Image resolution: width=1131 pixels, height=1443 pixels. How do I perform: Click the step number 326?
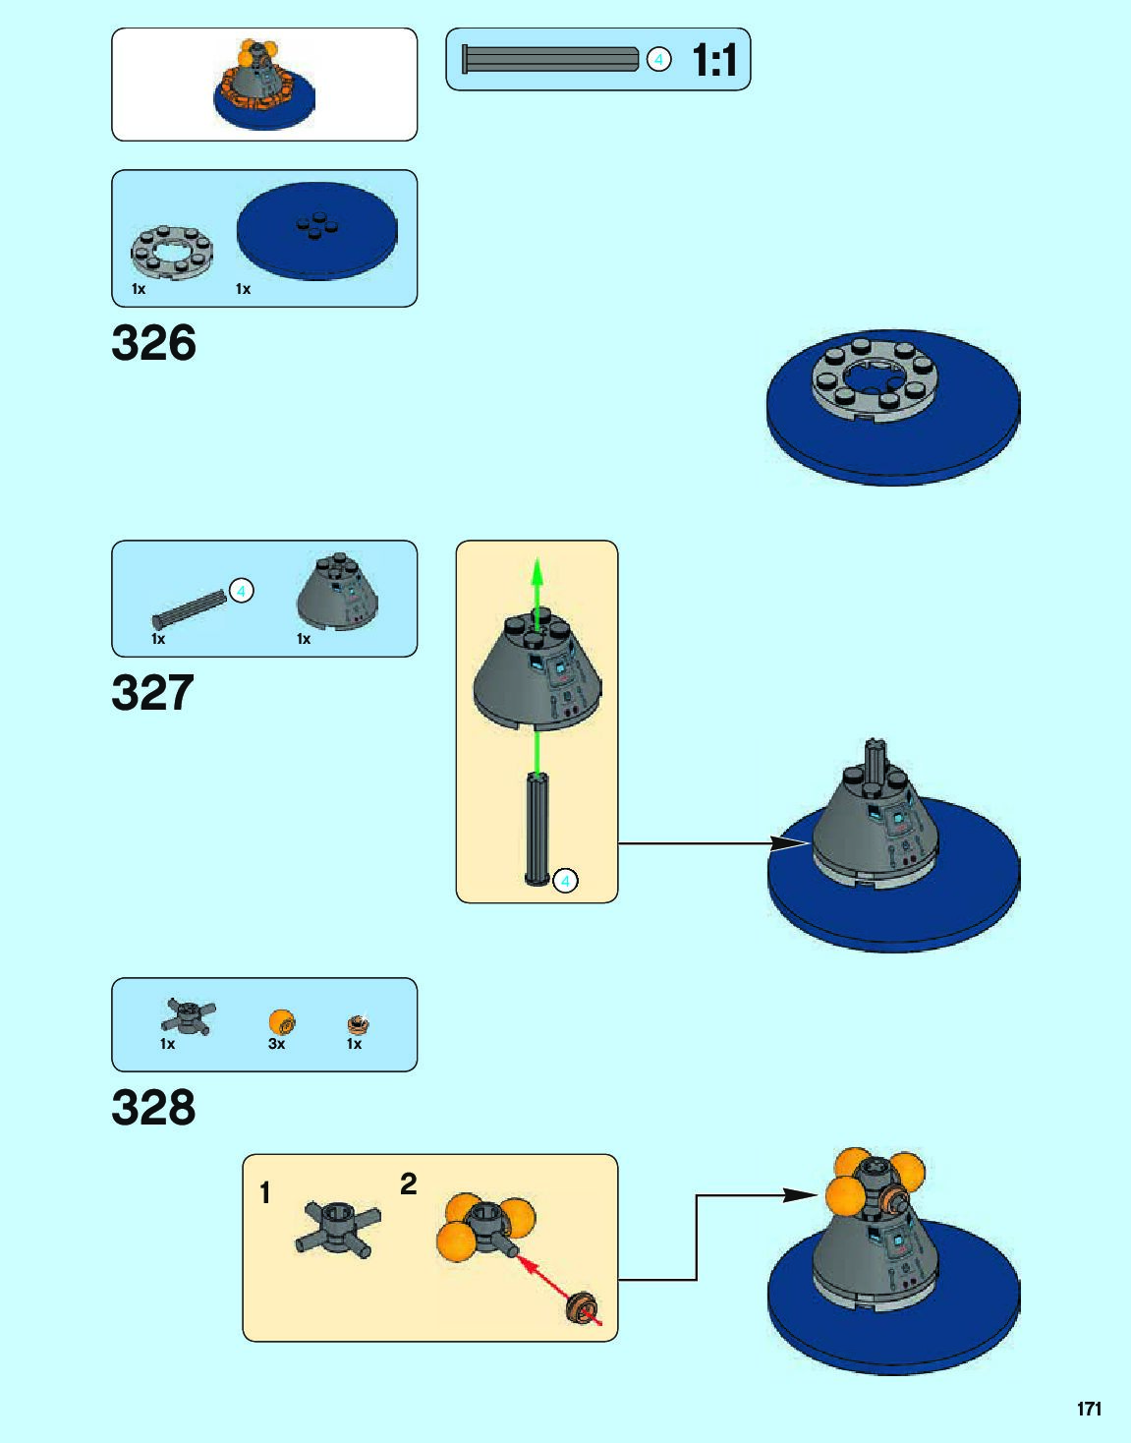tap(153, 343)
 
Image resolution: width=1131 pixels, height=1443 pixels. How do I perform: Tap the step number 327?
tap(152, 693)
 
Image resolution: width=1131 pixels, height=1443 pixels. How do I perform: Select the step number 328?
tap(153, 1108)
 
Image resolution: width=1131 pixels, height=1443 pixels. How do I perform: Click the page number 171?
tap(1089, 1409)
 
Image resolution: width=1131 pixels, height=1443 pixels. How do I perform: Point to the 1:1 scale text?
tap(714, 60)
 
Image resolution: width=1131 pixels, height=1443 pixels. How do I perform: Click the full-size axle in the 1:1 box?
tap(550, 60)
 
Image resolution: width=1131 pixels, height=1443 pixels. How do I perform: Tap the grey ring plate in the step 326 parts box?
tap(172, 252)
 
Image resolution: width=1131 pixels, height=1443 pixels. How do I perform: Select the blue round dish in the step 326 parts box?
tap(316, 231)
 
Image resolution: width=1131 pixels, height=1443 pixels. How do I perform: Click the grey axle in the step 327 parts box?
tap(189, 606)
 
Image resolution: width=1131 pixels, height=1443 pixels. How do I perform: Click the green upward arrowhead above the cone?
tap(537, 571)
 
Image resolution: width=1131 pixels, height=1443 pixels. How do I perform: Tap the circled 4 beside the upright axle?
tap(565, 881)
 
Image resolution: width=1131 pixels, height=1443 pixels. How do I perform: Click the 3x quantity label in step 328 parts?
tap(277, 1044)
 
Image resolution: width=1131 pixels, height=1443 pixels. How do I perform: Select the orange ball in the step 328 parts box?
tap(281, 1021)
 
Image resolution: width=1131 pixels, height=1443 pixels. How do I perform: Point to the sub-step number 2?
tap(409, 1183)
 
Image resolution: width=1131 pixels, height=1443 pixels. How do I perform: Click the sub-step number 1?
tap(264, 1192)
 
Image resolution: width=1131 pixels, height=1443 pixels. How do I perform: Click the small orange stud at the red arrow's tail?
tap(583, 1309)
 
